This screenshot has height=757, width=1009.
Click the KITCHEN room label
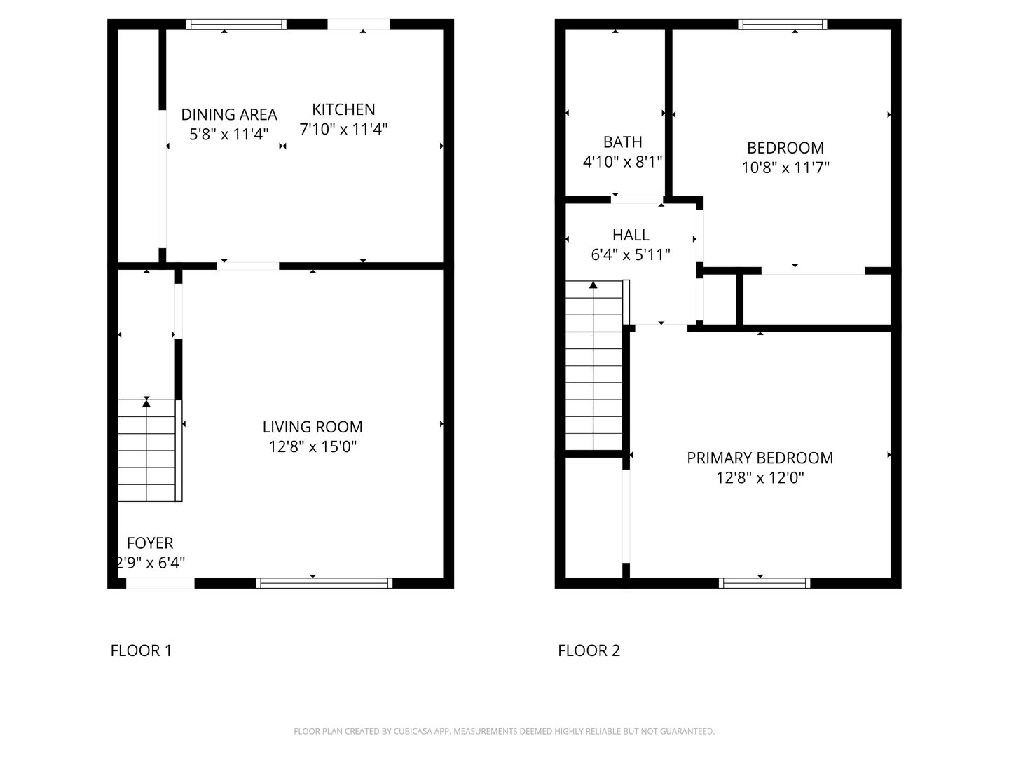(x=343, y=109)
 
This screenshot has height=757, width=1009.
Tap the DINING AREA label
(x=229, y=114)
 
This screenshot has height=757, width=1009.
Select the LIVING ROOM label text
(x=313, y=427)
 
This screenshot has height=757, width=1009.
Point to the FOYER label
(x=150, y=543)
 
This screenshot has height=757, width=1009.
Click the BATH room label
(x=622, y=142)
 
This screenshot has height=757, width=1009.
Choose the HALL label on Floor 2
(x=631, y=235)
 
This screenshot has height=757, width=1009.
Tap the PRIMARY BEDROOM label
(x=760, y=458)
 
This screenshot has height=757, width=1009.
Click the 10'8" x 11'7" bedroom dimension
(x=785, y=168)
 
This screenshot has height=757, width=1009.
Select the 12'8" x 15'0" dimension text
(x=313, y=446)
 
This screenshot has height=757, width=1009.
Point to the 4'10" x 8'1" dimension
(x=622, y=162)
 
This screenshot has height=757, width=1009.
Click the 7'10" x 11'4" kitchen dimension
(x=343, y=129)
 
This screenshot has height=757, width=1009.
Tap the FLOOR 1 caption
(x=141, y=650)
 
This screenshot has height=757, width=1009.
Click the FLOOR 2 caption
(x=589, y=650)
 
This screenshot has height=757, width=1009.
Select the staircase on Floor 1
(x=146, y=450)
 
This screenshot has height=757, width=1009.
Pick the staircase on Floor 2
(x=593, y=364)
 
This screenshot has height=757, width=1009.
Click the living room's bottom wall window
(x=324, y=583)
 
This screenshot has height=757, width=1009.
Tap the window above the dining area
(x=237, y=25)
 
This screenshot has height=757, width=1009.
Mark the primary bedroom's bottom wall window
(x=764, y=583)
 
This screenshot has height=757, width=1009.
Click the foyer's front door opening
(x=160, y=583)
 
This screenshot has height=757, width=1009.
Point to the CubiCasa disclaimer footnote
(x=504, y=731)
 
